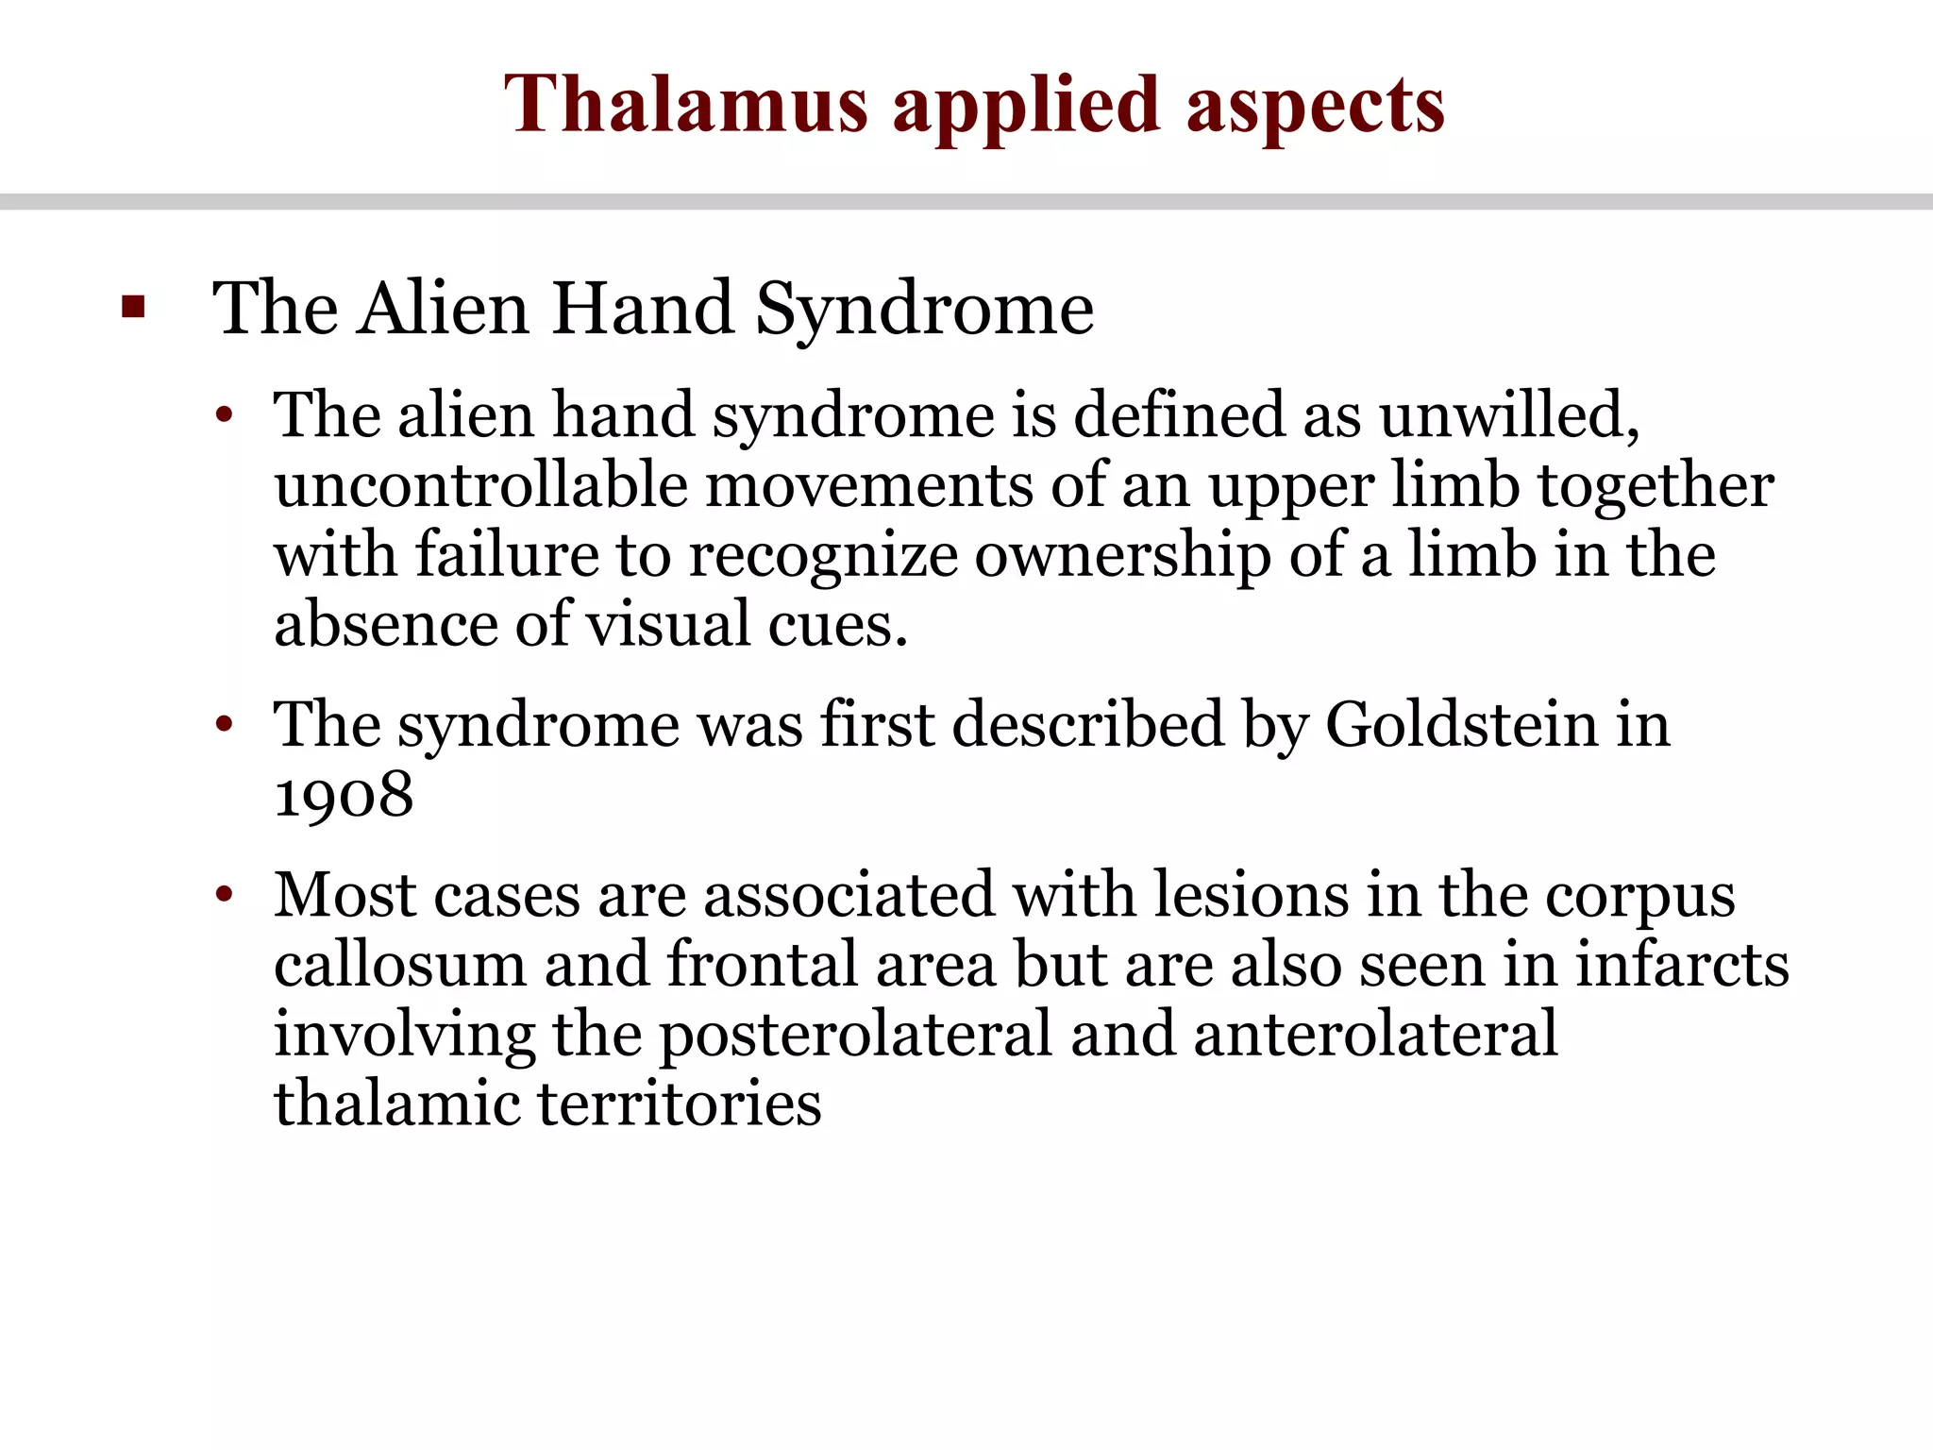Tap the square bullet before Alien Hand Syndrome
133,308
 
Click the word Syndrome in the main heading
924,310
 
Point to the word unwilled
1508,415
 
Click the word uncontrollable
481,485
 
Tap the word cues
837,625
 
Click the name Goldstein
1461,725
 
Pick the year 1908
344,795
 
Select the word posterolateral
855,1035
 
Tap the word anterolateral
1375,1035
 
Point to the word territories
680,1104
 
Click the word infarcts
1681,965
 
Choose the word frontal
763,965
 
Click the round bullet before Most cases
224,895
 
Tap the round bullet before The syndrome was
224,725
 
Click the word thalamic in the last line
396,1104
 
